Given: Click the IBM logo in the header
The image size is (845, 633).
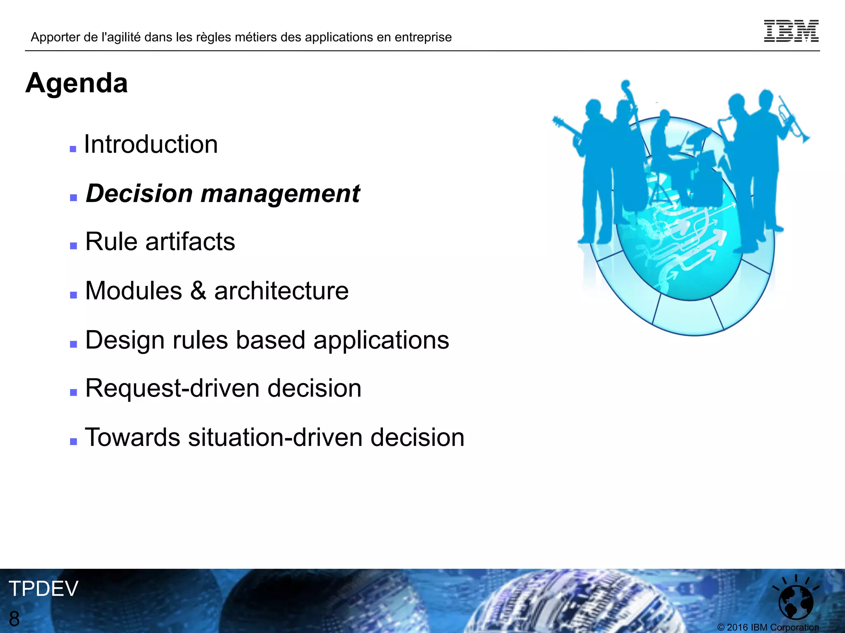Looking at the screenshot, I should pos(791,31).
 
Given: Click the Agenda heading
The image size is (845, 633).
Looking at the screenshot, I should pos(77,83).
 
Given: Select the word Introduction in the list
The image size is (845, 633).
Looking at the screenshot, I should pos(151,145).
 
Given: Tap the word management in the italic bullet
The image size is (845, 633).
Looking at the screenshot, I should pos(280,194).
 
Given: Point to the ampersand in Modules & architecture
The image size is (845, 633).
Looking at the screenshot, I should pos(198,291).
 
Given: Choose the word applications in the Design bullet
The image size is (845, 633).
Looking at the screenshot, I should pos(381,340).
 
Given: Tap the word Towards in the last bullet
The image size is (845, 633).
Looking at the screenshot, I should pos(132,437).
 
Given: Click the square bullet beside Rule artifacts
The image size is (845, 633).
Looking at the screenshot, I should pos(73,246).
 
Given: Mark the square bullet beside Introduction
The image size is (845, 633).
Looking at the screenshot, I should pos(73,149).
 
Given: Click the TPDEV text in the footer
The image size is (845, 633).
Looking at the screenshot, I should pos(43,588).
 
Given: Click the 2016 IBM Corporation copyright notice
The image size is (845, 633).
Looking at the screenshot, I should pos(768,627).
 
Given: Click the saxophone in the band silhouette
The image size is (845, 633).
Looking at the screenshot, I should pos(727,128).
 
